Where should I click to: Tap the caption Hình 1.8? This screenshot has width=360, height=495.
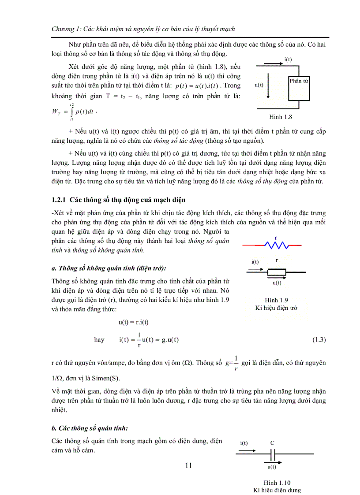point(281,117)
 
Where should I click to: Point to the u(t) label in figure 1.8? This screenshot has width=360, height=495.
point(259,85)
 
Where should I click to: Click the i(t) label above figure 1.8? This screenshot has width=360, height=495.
point(288,60)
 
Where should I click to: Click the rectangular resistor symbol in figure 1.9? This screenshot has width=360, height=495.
point(277,272)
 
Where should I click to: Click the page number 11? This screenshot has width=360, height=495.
point(188,465)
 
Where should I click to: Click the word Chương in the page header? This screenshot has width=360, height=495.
point(63,29)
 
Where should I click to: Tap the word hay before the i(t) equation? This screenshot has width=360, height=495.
point(99,339)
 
